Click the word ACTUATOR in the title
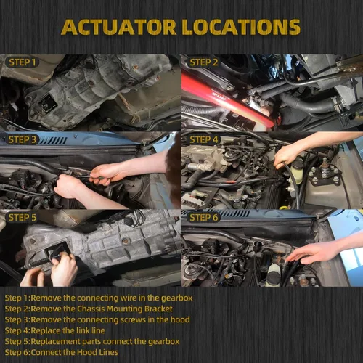point(118,27)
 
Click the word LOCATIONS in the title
point(241,27)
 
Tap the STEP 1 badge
point(22,62)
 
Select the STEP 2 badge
point(203,62)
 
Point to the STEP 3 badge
point(22,139)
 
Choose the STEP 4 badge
point(203,139)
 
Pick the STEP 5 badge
point(22,217)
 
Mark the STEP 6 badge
point(203,217)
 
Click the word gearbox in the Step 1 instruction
point(177,298)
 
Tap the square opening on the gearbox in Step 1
point(48,104)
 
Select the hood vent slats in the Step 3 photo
point(53,140)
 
